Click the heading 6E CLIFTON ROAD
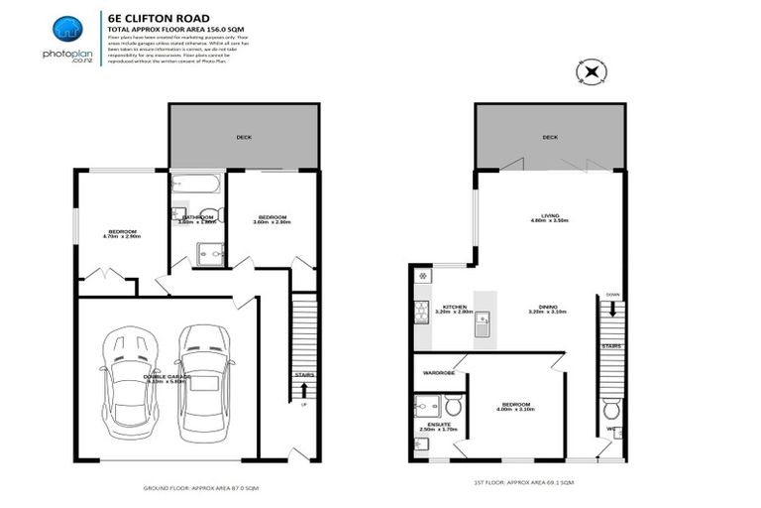(x=150, y=17)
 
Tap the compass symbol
(x=591, y=71)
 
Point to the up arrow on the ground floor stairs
(x=303, y=390)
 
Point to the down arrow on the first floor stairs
(x=611, y=309)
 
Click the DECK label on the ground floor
(x=243, y=137)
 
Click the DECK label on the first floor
(x=550, y=138)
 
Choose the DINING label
(x=547, y=307)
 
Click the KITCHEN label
(x=455, y=307)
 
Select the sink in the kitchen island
(x=483, y=319)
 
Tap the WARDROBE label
(x=438, y=373)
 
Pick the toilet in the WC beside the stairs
(x=611, y=409)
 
